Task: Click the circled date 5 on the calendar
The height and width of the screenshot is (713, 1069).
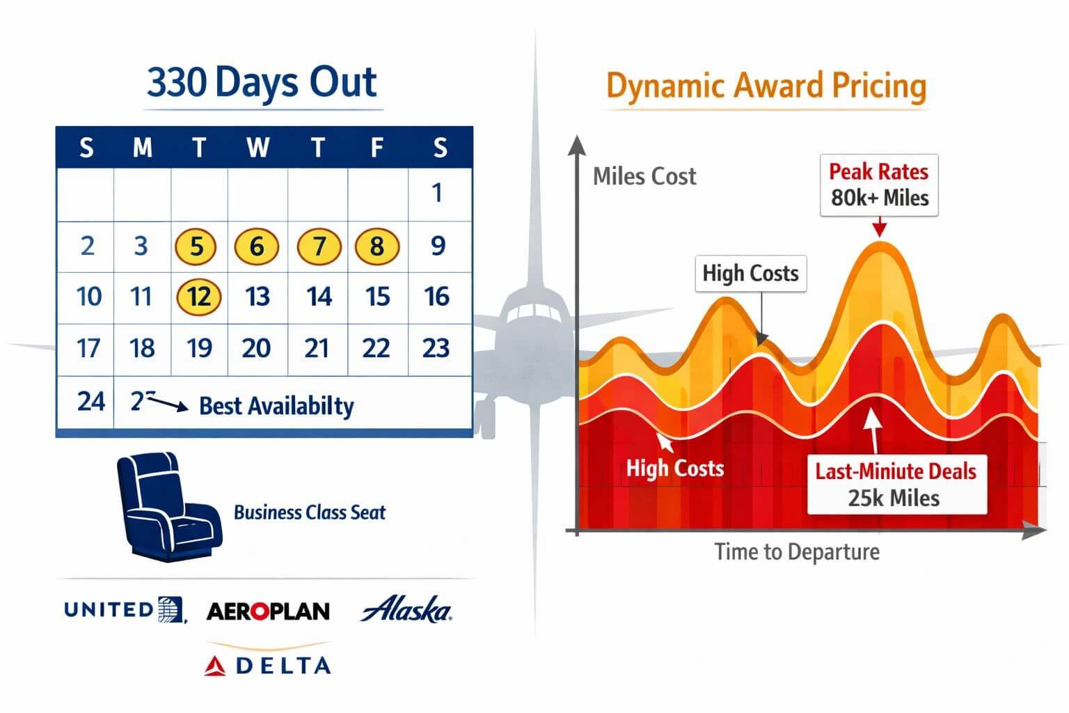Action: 196,246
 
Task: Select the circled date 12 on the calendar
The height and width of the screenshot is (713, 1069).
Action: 198,297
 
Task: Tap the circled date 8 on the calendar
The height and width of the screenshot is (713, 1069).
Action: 377,246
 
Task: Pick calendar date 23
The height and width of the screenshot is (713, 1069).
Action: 436,347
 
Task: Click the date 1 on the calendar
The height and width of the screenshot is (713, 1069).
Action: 437,193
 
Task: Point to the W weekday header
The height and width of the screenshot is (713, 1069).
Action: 258,148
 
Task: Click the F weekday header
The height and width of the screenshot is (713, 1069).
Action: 377,148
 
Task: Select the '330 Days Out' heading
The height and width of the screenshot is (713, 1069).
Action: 262,83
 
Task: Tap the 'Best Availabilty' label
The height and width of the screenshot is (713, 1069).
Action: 276,406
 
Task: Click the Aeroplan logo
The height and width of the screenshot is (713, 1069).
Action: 268,611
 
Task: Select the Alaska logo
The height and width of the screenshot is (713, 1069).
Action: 406,609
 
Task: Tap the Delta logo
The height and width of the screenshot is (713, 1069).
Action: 268,665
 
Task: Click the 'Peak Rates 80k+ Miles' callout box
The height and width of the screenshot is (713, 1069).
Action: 878,185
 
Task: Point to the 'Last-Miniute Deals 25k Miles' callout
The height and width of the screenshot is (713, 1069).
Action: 896,485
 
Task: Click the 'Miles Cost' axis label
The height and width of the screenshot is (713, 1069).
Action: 644,177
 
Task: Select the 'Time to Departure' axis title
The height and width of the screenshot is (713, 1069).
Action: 797,552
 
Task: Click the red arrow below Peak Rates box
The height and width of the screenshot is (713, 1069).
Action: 879,227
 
